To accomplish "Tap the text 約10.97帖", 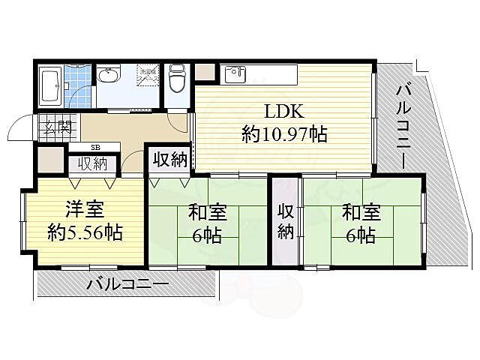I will tap(284, 135).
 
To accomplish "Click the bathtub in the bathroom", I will tap(49, 87).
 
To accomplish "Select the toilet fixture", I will tap(178, 77).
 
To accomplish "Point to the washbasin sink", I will tap(109, 76).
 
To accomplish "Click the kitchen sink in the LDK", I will tap(237, 74).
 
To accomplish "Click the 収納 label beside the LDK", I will tap(169, 159).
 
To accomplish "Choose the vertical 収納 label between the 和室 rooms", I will tap(285, 221).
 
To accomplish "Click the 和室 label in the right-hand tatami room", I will tap(361, 213).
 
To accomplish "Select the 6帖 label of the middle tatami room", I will tap(206, 235).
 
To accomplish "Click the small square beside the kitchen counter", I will tap(205, 73).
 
